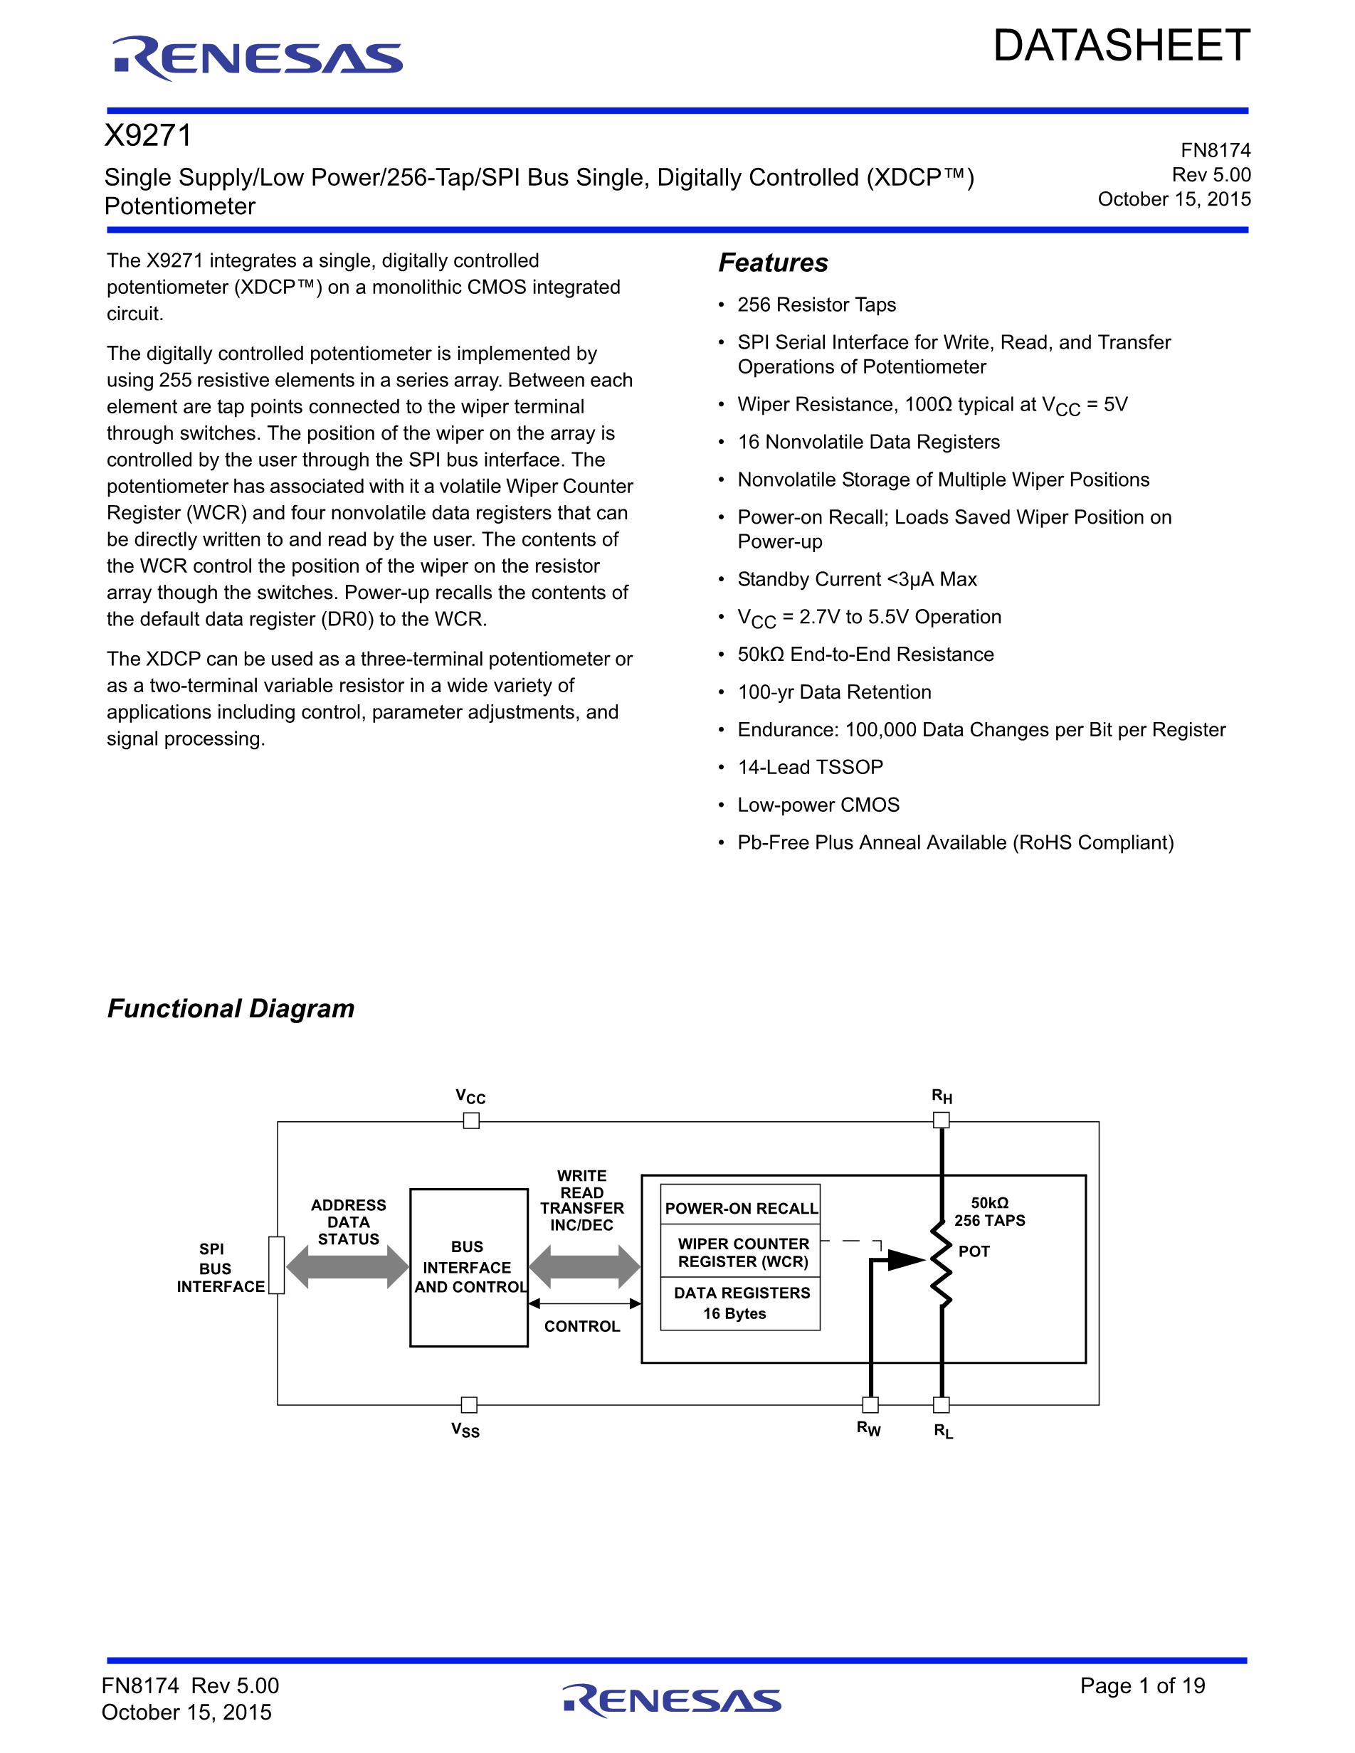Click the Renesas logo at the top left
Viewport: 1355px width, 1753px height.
pos(257,58)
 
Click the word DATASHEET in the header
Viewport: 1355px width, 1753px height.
pos(1121,46)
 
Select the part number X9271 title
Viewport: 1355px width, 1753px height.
pos(149,136)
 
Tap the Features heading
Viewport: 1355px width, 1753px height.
pos(773,263)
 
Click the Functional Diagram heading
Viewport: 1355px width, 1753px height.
pos(231,1008)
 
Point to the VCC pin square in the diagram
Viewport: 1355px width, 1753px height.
pos(471,1121)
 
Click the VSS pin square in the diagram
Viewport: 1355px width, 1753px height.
pos(470,1404)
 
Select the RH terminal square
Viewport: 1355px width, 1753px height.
pos(942,1121)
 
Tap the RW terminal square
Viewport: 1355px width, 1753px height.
pos(870,1404)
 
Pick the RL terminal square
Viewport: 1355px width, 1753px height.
pos(942,1404)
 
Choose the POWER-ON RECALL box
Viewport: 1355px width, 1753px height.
pos(740,1208)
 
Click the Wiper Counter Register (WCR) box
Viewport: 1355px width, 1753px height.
pos(740,1252)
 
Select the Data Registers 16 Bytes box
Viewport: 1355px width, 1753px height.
pos(740,1303)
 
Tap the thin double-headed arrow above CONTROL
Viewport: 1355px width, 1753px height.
pos(584,1303)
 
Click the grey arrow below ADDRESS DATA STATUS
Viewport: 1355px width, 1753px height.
pos(347,1267)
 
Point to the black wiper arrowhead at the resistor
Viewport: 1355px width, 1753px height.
pos(907,1260)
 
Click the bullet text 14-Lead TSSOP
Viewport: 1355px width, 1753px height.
pos(810,768)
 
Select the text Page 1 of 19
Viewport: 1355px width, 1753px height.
pos(1142,1685)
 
